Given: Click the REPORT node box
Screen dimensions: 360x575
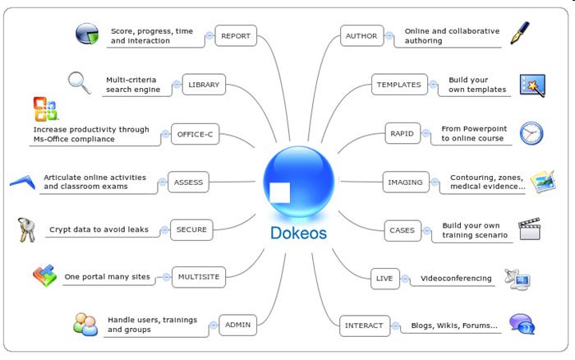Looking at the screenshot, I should [236, 36].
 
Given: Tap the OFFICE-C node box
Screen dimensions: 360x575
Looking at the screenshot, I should [195, 133].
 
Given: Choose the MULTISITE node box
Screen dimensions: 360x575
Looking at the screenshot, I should [198, 277].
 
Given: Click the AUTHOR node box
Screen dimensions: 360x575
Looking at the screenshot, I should [361, 36].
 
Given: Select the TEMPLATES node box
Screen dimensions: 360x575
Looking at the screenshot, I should [398, 85].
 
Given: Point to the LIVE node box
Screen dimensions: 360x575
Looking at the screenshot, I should [384, 278].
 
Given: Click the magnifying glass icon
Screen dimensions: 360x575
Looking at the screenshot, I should [79, 82].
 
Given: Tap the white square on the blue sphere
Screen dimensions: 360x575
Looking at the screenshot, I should [279, 192].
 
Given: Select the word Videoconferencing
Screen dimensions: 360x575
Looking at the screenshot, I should [456, 278].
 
